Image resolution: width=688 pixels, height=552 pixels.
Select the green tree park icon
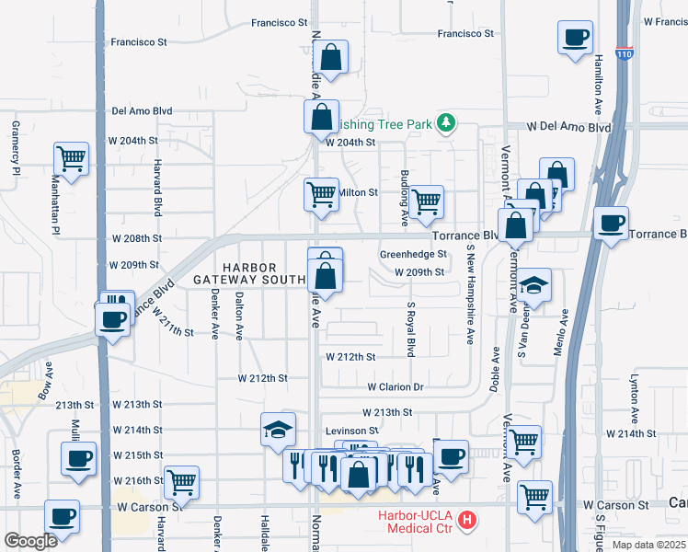[446, 122]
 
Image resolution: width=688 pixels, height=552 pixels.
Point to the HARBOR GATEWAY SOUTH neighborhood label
[248, 273]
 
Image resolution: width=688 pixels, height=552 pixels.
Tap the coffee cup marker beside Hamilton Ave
[575, 39]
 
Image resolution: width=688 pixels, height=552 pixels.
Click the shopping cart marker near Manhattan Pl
[71, 159]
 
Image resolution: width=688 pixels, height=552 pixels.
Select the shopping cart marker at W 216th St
[182, 481]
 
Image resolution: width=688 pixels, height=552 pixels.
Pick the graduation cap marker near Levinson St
[277, 430]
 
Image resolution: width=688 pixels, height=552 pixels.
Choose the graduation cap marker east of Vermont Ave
[533, 285]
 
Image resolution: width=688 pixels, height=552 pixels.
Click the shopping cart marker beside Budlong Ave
[426, 201]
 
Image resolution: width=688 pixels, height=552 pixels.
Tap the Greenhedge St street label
[413, 255]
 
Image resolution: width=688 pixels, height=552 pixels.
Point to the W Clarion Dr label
[395, 388]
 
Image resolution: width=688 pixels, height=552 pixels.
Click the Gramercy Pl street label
[16, 147]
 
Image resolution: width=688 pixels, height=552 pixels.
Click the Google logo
[30, 541]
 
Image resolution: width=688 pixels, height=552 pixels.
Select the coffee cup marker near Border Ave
[77, 458]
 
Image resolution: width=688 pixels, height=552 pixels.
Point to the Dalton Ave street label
[239, 315]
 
